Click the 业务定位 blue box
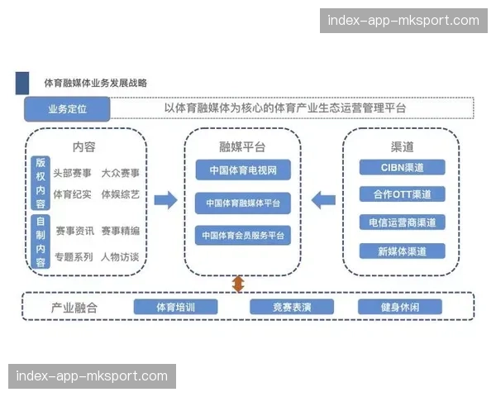pyautogui.click(x=67, y=108)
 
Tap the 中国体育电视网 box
pyautogui.click(x=243, y=171)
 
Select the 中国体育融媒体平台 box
pyautogui.click(x=243, y=203)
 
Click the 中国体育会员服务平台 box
pyautogui.click(x=243, y=235)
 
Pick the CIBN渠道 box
pyautogui.click(x=403, y=167)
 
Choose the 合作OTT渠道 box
pyautogui.click(x=403, y=194)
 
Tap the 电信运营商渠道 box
pyautogui.click(x=403, y=222)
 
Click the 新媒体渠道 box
pyautogui.click(x=403, y=251)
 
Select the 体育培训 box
pyautogui.click(x=175, y=307)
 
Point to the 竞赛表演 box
pyautogui.click(x=291, y=307)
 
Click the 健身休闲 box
pyautogui.click(x=399, y=307)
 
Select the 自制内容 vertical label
pyautogui.click(x=41, y=242)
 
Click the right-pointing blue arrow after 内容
pyautogui.click(x=165, y=199)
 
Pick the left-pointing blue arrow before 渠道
pyautogui.click(x=323, y=199)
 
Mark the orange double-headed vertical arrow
pyautogui.click(x=238, y=284)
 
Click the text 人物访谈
pyautogui.click(x=120, y=257)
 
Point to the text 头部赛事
pyautogui.click(x=73, y=174)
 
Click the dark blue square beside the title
pyautogui.click(x=22, y=84)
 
